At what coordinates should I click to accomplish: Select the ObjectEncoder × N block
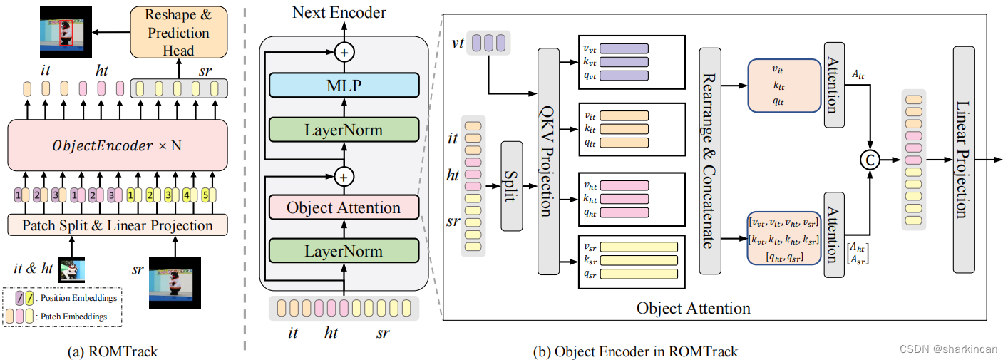coord(118,145)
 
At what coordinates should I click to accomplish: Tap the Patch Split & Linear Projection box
coord(118,225)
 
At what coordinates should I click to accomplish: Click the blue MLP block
coord(344,86)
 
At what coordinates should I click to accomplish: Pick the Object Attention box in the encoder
coord(344,208)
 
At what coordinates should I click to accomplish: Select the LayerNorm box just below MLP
coord(344,130)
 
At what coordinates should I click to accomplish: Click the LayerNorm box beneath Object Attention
coord(344,251)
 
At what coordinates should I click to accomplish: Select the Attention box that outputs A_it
coord(834,85)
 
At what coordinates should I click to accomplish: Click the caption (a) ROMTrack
coord(117,351)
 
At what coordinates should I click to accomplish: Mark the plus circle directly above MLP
coord(344,52)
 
